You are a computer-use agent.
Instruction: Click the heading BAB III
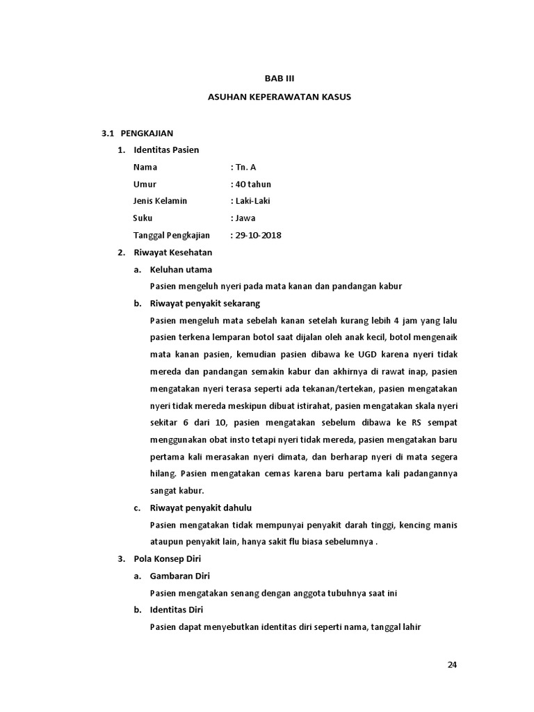[280, 79]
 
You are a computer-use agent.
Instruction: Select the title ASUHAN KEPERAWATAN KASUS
[280, 97]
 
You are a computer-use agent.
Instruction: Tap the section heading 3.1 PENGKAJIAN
[138, 132]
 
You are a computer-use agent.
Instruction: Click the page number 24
[452, 664]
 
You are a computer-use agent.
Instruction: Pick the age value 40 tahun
[252, 184]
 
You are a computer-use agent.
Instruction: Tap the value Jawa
[243, 218]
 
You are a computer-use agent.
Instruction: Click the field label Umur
[145, 184]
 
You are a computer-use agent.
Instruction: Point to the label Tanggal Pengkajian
[171, 235]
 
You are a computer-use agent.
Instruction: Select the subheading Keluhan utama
[181, 269]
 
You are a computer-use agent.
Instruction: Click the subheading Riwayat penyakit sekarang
[205, 303]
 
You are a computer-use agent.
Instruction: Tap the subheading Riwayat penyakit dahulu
[201, 508]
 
